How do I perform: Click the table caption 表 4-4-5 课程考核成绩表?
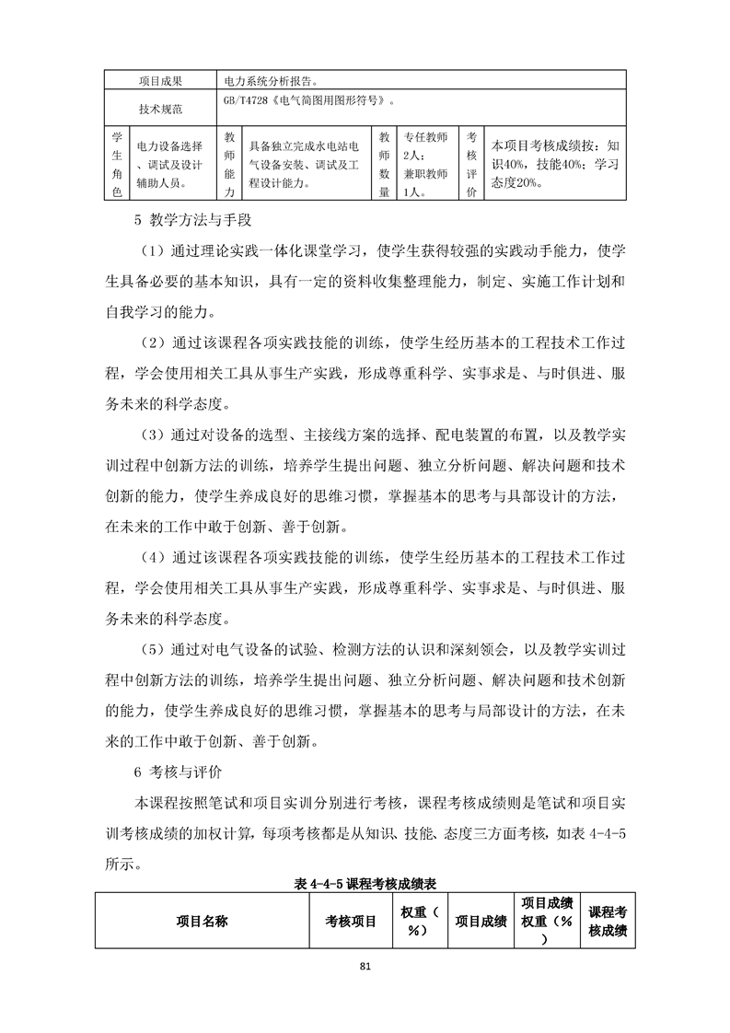(x=365, y=882)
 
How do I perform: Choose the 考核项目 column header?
(x=350, y=920)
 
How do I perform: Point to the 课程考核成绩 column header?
(x=608, y=920)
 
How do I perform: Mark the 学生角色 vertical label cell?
(x=116, y=164)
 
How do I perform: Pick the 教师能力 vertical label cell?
(x=229, y=164)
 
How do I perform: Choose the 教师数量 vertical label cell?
(x=385, y=164)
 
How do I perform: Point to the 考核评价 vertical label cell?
(x=471, y=164)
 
